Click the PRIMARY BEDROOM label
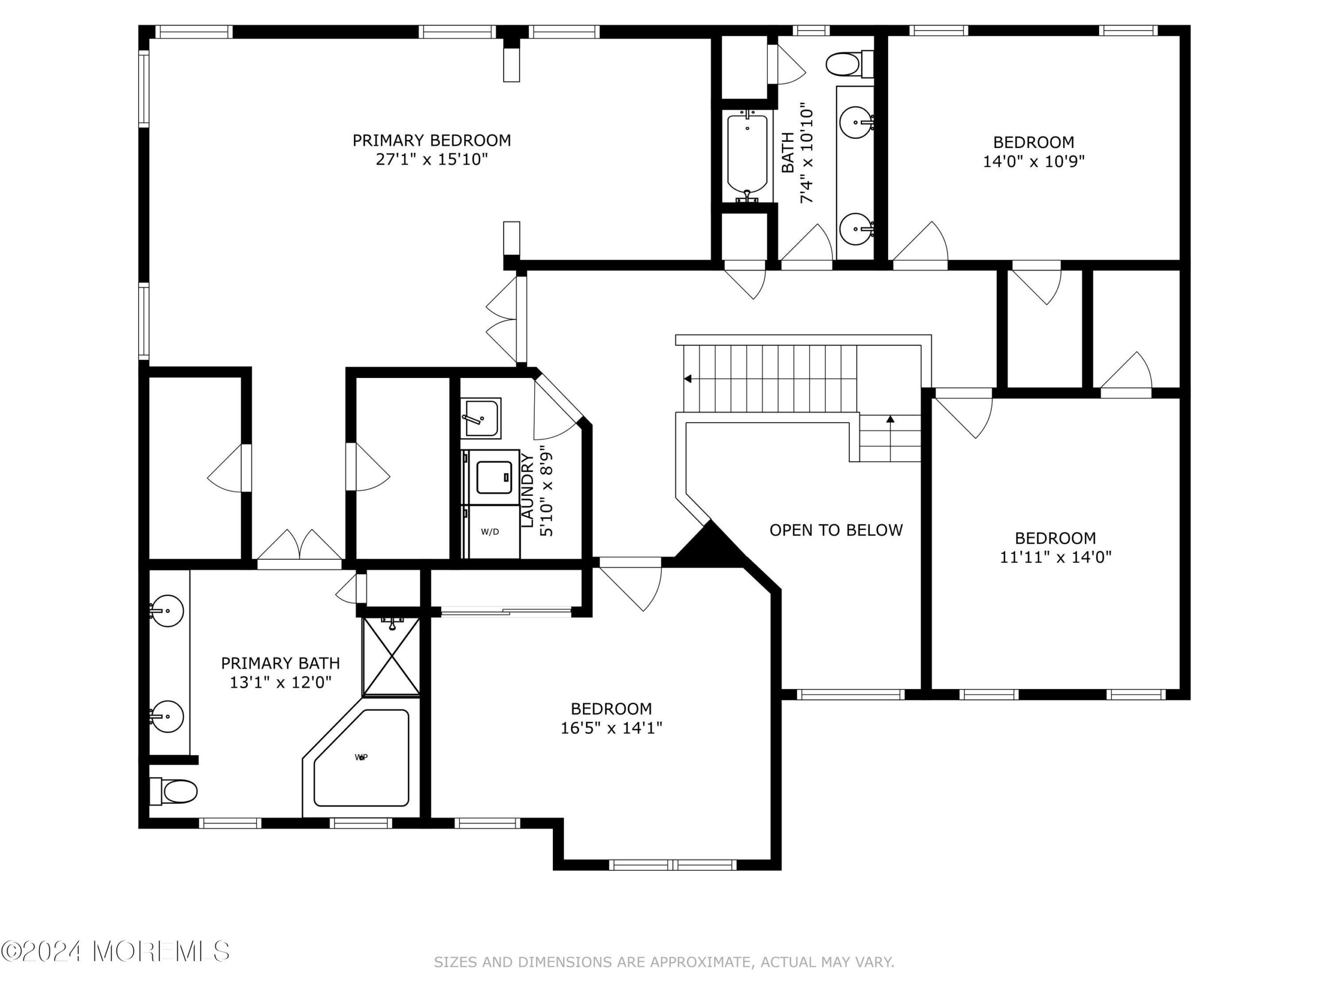click(431, 141)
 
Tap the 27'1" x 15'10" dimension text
click(431, 160)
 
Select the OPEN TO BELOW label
click(836, 530)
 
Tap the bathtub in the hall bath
click(748, 156)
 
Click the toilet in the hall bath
click(849, 64)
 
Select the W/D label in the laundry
click(490, 532)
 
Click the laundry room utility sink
click(481, 417)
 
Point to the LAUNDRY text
click(527, 491)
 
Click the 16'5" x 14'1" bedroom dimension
click(611, 729)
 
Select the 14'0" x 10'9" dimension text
click(1034, 161)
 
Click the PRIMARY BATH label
click(280, 664)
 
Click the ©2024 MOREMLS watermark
click(115, 951)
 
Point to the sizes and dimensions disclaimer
click(664, 962)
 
